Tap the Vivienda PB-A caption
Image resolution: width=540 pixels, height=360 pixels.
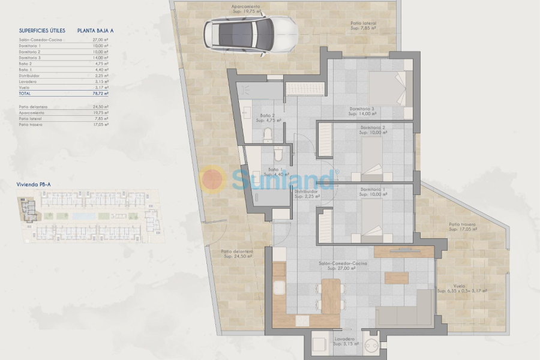click(x=33, y=186)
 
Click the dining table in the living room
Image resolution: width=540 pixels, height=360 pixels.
click(x=330, y=296)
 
